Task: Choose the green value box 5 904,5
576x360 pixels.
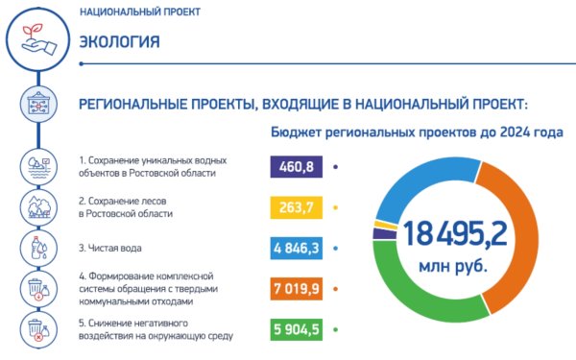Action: coord(298,329)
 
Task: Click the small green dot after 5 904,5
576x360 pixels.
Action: coord(336,329)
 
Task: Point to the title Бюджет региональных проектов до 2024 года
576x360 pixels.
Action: coord(416,132)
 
